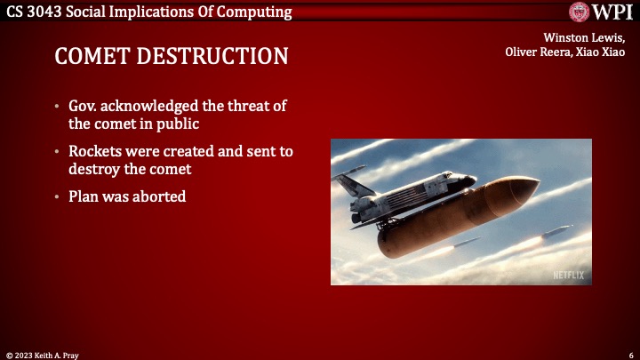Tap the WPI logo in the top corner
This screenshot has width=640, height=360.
click(x=601, y=12)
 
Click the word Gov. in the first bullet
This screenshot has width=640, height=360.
click(x=85, y=106)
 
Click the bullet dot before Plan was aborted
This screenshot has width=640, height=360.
click(x=58, y=196)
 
